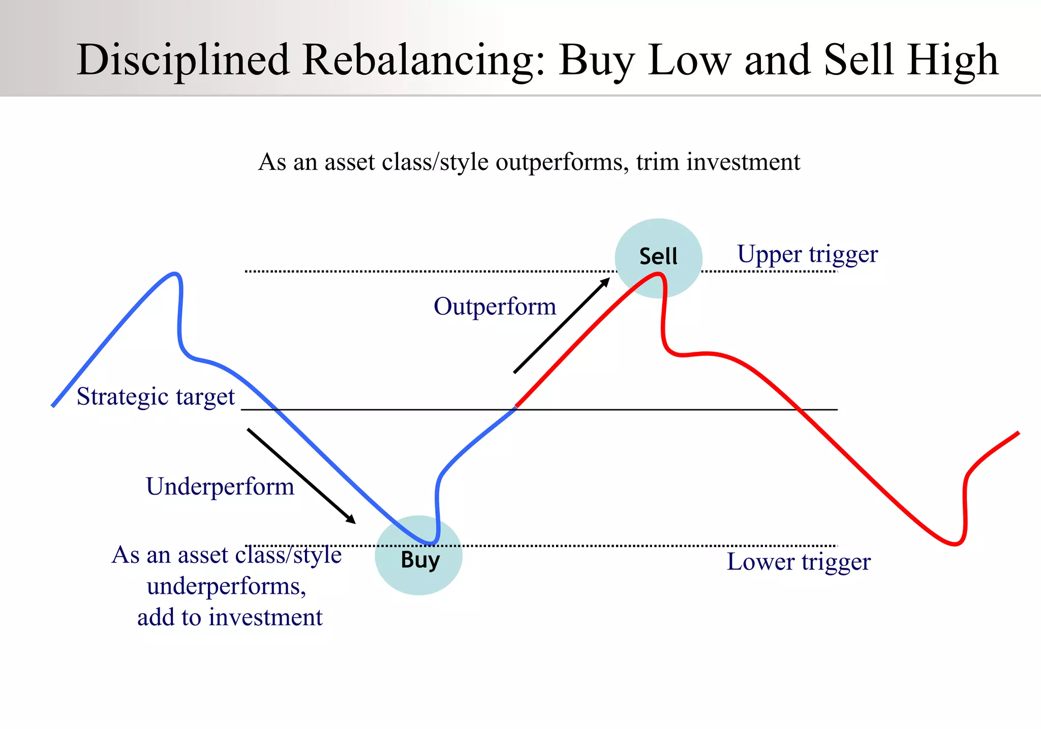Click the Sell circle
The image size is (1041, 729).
658,257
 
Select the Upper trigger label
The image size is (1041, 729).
807,254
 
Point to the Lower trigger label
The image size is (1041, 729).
799,562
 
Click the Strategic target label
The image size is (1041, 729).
156,397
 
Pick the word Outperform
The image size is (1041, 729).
495,307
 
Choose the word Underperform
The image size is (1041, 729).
220,487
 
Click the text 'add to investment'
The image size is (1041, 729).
230,618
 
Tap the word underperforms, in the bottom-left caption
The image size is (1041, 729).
226,587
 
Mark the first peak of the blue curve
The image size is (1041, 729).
174,274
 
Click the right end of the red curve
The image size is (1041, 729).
1018,433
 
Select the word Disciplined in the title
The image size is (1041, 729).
183,60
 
